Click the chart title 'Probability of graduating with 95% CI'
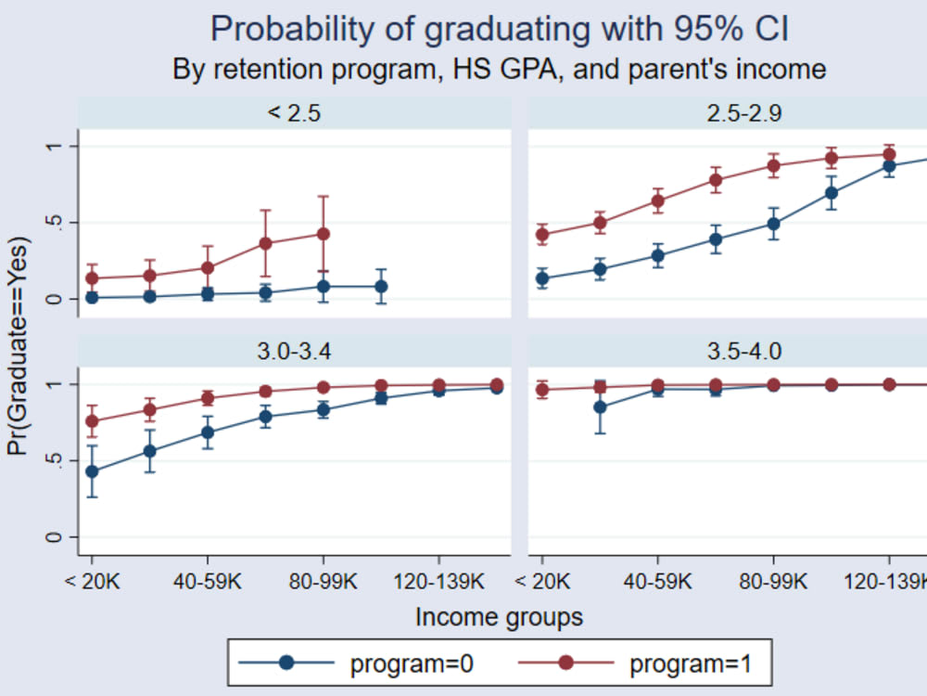[500, 29]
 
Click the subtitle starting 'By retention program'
[500, 70]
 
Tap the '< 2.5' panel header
[294, 113]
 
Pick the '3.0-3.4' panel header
[294, 352]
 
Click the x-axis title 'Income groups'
[500, 616]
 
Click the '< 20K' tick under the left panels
[91, 582]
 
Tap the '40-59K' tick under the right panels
[658, 582]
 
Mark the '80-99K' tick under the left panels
[323, 582]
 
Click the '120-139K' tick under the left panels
[438, 582]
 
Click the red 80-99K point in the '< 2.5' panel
[323, 234]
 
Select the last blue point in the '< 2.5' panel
[381, 287]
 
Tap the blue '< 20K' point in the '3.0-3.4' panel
[91, 471]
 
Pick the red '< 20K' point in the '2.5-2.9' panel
[542, 235]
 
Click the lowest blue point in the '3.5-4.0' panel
[601, 406]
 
